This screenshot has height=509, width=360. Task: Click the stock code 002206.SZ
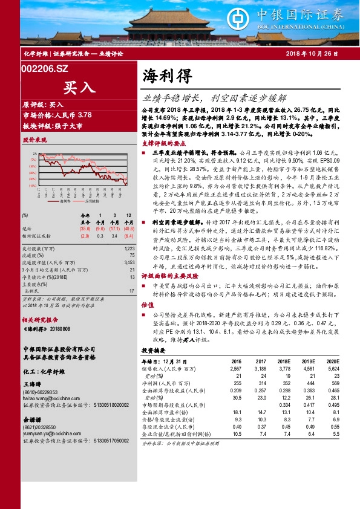point(45,70)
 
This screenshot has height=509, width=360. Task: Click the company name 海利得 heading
point(167,76)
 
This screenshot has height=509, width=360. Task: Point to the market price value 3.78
point(85,115)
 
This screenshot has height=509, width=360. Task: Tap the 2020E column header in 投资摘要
point(332,362)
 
